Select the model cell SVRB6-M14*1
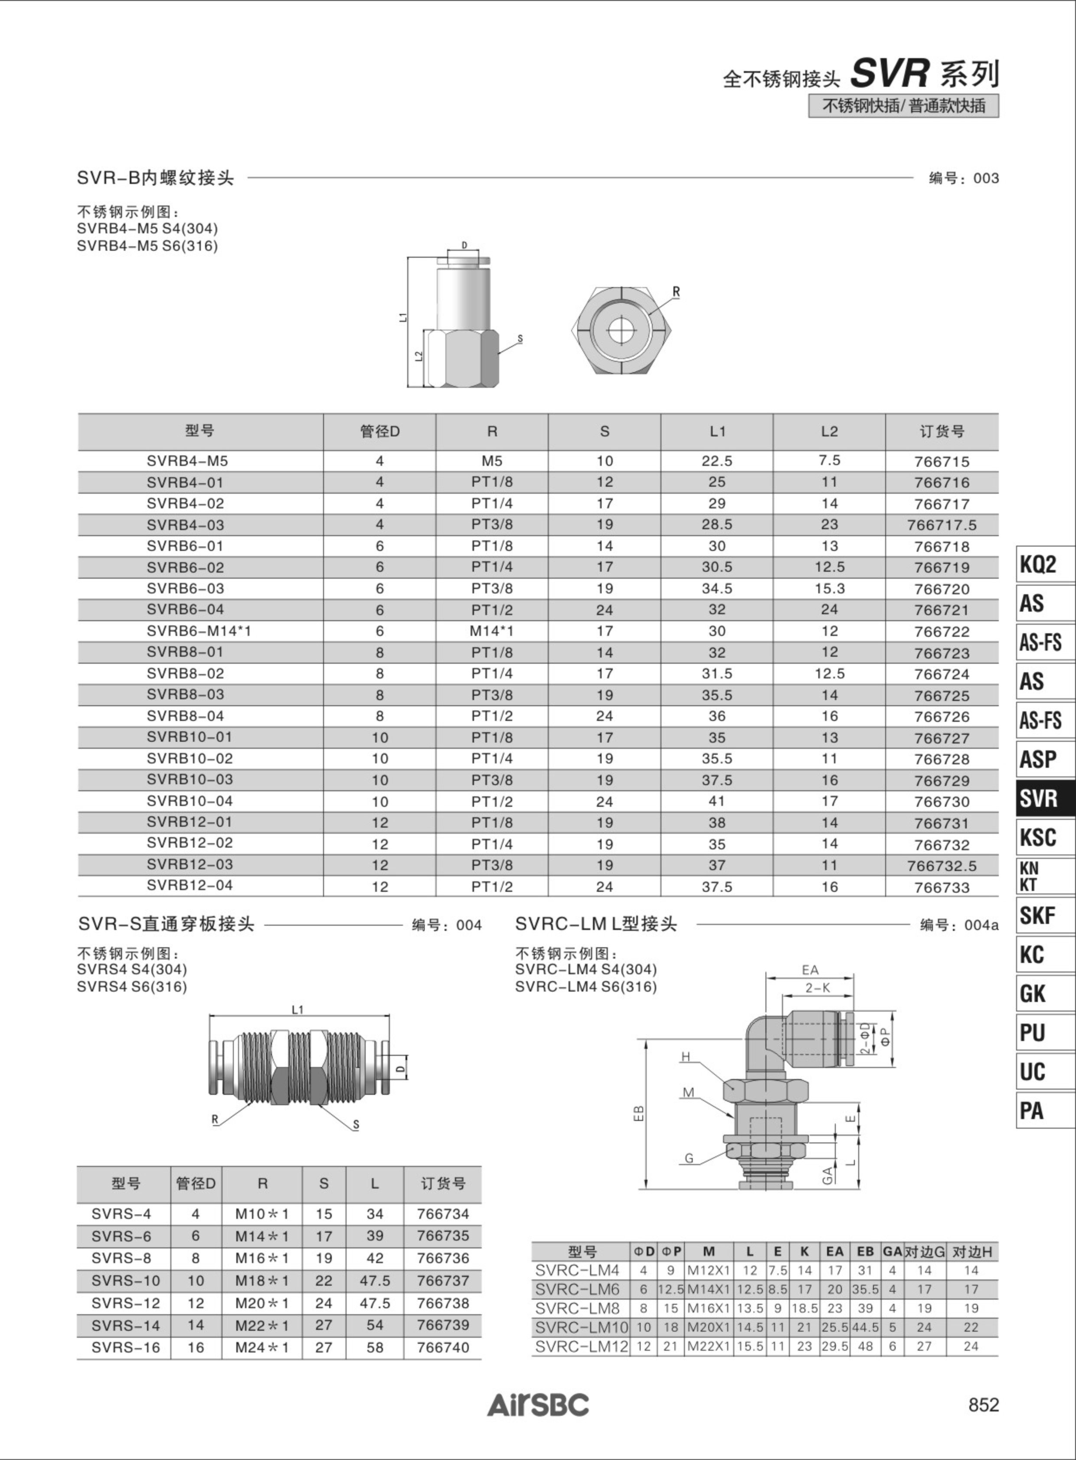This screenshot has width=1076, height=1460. tap(199, 631)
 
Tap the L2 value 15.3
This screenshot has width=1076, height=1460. tap(829, 588)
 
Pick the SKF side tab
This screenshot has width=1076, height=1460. tap(1045, 915)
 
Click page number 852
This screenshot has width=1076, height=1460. tap(984, 1404)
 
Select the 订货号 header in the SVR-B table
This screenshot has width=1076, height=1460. tap(942, 431)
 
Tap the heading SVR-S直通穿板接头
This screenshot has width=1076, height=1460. tap(166, 924)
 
